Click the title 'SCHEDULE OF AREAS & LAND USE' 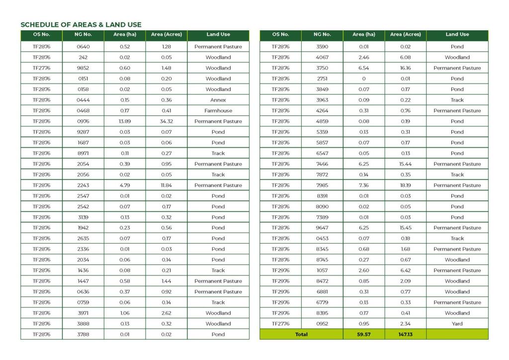point(81,24)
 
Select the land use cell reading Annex point(218,100)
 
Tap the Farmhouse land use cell point(218,111)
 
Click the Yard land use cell point(457,324)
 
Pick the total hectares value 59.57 point(364,335)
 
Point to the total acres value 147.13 point(405,335)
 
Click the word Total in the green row point(301,335)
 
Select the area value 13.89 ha point(125,121)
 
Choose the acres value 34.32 point(167,121)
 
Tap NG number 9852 point(83,68)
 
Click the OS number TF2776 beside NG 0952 point(280,324)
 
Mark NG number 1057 point(322,270)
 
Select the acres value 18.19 point(405,185)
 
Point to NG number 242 point(83,58)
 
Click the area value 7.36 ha point(364,185)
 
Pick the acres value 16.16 point(405,68)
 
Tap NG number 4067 point(322,58)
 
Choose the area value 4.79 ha point(125,185)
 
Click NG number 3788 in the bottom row point(83,335)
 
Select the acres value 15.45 point(405,228)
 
